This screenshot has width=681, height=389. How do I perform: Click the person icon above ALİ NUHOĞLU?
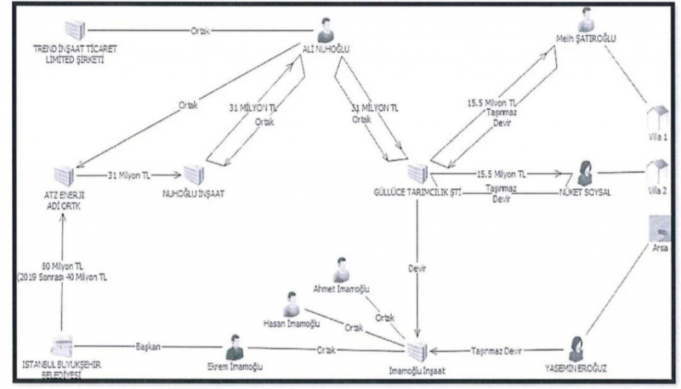tap(325, 30)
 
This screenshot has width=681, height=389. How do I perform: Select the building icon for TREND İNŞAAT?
tap(75, 31)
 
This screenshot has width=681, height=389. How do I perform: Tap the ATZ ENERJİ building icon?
tap(63, 176)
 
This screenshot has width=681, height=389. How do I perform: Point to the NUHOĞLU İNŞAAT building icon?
tap(194, 175)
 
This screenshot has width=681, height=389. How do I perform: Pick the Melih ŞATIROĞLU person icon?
tap(586, 20)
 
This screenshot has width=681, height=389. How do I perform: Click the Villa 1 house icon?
tap(657, 118)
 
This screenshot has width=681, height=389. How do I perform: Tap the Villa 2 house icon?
tap(658, 174)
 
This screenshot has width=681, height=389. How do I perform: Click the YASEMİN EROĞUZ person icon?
tap(576, 349)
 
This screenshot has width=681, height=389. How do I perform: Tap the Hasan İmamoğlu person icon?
tap(291, 305)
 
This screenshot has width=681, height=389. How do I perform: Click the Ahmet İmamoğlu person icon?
tap(341, 269)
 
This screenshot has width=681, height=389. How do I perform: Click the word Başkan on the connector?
tap(148, 347)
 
